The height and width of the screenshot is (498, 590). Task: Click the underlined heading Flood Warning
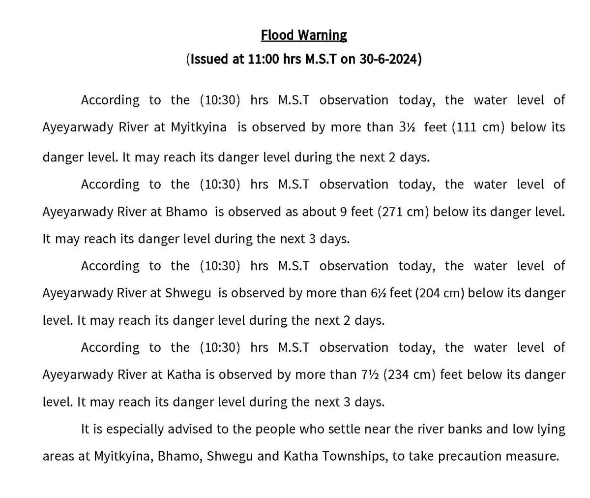pos(303,35)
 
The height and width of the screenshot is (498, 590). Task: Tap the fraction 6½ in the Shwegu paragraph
pos(379,293)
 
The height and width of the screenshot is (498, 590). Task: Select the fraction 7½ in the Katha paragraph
pos(369,375)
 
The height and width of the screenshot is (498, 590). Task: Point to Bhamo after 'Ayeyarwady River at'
pos(186,212)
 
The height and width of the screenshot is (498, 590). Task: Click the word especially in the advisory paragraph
pos(135,429)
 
